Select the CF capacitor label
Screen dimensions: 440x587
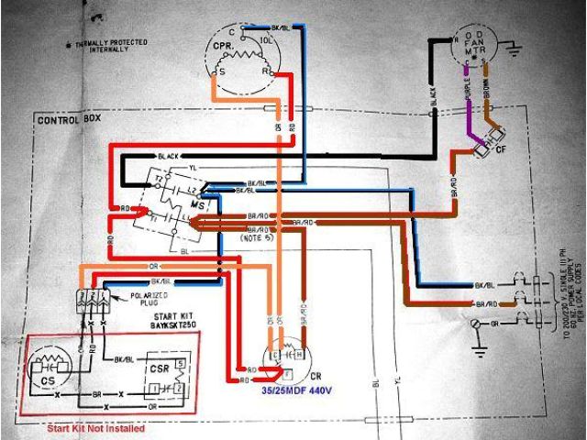pos(503,149)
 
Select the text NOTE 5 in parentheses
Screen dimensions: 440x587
pos(261,236)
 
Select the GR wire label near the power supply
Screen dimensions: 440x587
pos(494,325)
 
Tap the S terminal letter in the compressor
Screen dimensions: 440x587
pos(220,70)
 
